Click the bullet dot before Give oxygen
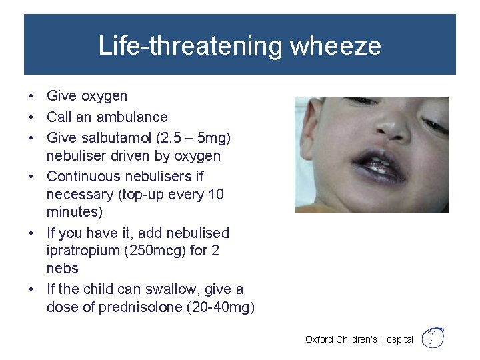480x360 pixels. (x=32, y=97)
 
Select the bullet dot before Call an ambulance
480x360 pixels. (x=32, y=117)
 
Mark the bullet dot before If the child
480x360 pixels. (x=32, y=289)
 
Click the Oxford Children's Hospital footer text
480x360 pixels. (x=359, y=339)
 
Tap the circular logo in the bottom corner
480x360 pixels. (x=434, y=337)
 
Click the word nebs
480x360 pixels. (x=63, y=269)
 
